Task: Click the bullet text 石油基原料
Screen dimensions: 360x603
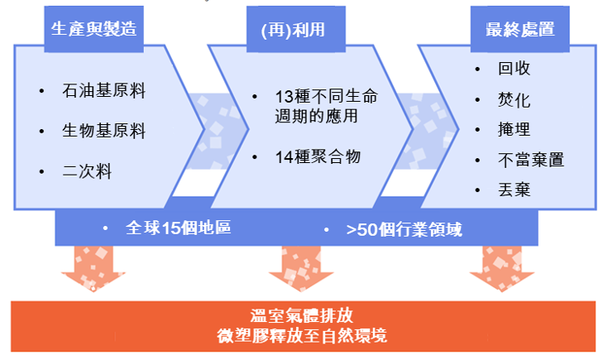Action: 103,91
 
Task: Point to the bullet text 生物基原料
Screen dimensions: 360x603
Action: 103,131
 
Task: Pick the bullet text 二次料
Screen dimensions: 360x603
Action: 86,171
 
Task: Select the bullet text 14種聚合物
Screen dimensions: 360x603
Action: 318,155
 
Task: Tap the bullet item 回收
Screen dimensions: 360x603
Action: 514,70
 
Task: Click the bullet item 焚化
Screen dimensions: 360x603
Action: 514,100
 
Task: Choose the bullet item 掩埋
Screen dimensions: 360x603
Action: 514,130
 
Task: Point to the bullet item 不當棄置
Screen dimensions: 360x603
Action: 530,160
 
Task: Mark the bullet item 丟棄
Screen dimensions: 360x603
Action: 514,190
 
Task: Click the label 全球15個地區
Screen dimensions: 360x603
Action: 177,228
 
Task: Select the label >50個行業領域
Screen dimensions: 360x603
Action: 404,228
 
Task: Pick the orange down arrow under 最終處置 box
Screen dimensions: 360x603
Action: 502,269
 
